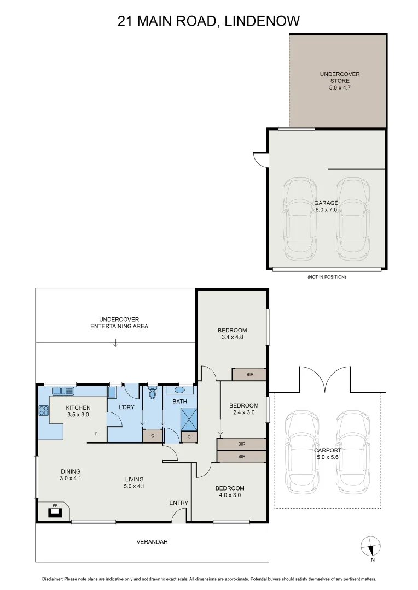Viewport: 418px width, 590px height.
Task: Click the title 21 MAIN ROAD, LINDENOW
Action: (x=209, y=21)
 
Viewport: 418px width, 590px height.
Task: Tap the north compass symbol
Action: (x=370, y=546)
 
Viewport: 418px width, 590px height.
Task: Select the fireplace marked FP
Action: (x=55, y=512)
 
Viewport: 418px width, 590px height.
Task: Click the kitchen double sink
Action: (x=63, y=391)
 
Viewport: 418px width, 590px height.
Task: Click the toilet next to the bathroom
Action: (x=153, y=393)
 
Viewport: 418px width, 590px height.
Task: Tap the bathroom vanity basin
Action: (x=180, y=391)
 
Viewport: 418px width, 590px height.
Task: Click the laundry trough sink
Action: (x=112, y=392)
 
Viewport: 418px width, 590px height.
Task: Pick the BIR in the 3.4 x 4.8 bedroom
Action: (x=249, y=374)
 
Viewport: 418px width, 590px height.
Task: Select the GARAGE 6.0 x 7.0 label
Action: (x=326, y=206)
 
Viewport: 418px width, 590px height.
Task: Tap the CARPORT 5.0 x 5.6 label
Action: (x=328, y=453)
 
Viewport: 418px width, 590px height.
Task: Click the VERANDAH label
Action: (x=152, y=542)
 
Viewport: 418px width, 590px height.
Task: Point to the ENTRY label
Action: (x=178, y=503)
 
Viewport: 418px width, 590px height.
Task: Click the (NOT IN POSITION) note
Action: (x=327, y=277)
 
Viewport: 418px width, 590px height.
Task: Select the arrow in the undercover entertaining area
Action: (x=115, y=344)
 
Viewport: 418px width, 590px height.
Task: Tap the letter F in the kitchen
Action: (x=96, y=434)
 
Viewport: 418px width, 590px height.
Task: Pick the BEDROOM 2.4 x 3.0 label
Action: (x=243, y=409)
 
